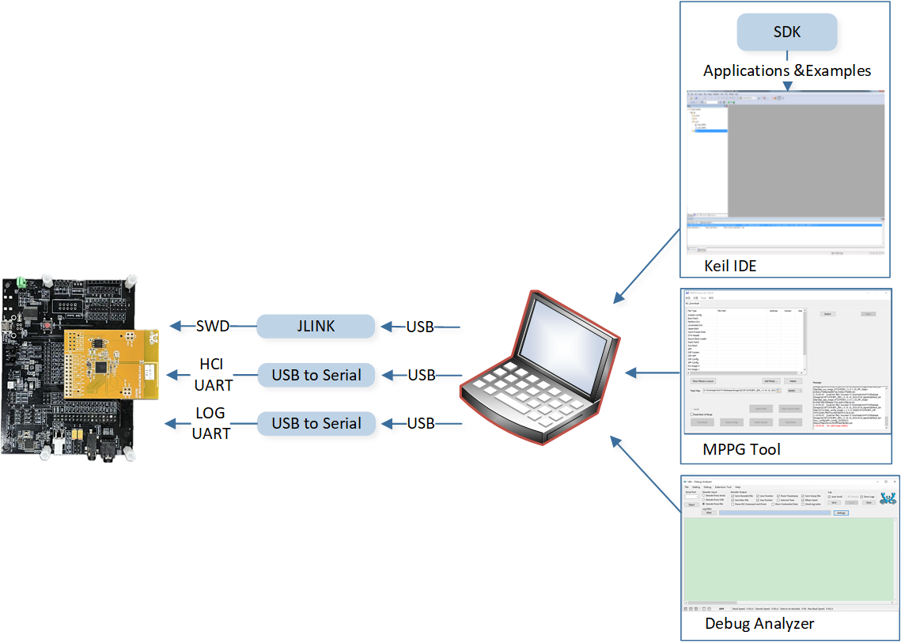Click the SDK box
[787, 32]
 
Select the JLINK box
[316, 327]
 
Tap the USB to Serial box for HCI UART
[316, 375]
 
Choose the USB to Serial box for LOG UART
[316, 423]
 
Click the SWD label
[212, 327]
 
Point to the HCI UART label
[213, 374]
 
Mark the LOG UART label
[210, 423]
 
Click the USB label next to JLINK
[420, 327]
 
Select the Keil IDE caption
[730, 266]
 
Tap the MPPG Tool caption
[741, 449]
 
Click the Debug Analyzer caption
[759, 624]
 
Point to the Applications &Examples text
[787, 70]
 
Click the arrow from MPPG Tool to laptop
[653, 372]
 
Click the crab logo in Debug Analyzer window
[888, 498]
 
